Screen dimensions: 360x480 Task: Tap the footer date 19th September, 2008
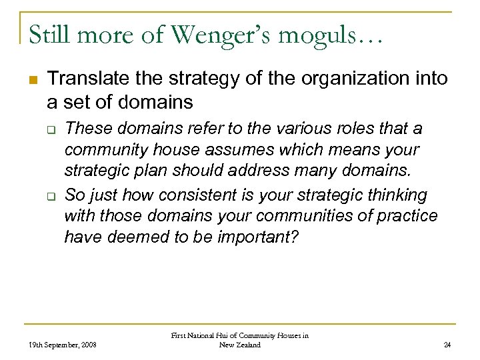pos(63,345)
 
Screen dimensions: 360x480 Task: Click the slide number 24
pos(447,345)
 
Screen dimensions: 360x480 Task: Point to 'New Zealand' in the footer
pos(239,345)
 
